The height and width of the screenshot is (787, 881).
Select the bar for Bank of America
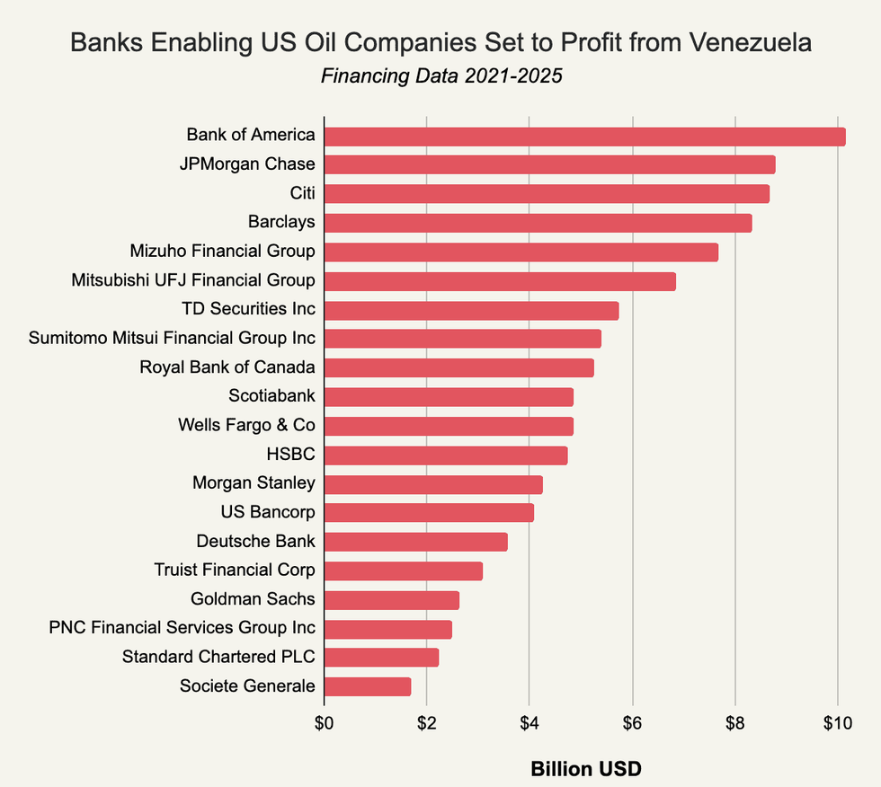point(584,137)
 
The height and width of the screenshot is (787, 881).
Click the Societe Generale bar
point(368,686)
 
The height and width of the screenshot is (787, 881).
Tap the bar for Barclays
point(538,223)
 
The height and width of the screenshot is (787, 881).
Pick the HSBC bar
point(446,455)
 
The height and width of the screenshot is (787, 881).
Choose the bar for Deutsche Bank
point(416,542)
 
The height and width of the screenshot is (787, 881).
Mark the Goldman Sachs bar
point(392,600)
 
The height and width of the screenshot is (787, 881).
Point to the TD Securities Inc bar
point(471,310)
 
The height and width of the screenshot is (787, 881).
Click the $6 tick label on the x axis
point(632,725)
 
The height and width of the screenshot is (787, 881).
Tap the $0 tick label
point(324,725)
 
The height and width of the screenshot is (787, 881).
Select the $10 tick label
point(837,725)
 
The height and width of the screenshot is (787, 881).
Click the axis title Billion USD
point(585,769)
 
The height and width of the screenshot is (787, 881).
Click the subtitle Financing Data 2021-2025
point(441,75)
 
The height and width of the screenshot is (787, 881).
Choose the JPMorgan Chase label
point(254,164)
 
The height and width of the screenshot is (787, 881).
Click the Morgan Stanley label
point(254,483)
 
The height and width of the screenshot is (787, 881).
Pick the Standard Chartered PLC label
point(218,657)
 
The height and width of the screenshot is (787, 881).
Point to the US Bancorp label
point(267,512)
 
